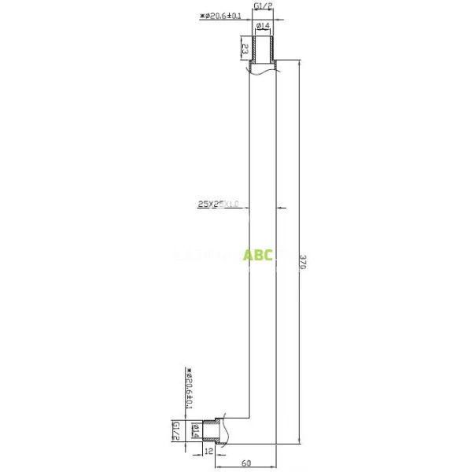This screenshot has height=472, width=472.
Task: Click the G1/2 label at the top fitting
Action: (264, 7)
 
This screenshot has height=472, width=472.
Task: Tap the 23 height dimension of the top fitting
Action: (245, 49)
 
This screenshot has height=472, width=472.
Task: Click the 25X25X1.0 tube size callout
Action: (218, 205)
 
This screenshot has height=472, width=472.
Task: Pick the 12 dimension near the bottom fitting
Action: (209, 452)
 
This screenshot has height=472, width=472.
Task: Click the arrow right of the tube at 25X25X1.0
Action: (282, 208)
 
